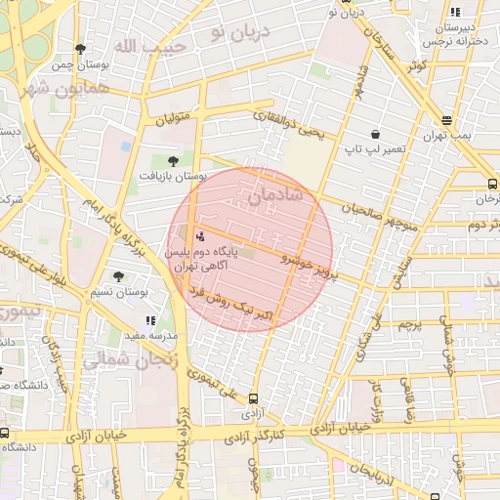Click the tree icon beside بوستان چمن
(80, 48)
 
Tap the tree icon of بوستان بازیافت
(173, 160)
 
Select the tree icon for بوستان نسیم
(119, 276)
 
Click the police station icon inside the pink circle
(200, 235)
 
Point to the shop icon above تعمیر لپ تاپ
(375, 134)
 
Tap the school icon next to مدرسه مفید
(149, 319)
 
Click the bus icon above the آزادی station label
(254, 397)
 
